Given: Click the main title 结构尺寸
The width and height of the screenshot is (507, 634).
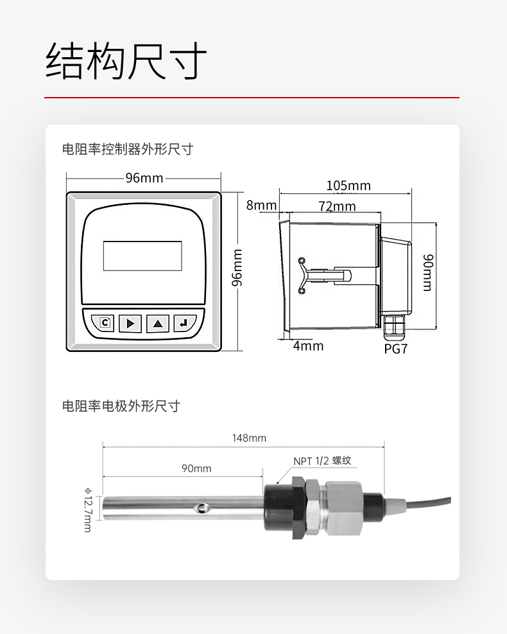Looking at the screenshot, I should [126, 62].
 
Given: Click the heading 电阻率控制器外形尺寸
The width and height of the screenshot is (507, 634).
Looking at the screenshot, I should [127, 150].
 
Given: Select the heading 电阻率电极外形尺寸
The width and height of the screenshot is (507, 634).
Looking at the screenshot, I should [121, 406].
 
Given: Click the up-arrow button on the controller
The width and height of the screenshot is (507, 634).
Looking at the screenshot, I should [157, 322].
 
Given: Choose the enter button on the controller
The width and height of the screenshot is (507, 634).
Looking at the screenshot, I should [184, 322].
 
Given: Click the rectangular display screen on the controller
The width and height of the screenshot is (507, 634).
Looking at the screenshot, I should [142, 256].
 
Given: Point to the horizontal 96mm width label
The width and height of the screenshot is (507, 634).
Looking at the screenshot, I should [144, 178].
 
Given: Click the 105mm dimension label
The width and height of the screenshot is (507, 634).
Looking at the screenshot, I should [348, 186].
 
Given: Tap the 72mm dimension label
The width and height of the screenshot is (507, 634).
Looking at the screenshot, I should [337, 206].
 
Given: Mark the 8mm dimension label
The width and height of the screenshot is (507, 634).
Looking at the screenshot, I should [261, 206].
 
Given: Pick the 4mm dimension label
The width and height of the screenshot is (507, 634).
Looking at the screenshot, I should [308, 346].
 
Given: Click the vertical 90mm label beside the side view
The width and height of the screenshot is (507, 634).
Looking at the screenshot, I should [427, 272].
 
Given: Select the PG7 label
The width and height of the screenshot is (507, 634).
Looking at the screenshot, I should [395, 349].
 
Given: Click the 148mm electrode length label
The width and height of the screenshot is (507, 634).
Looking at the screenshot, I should [249, 438].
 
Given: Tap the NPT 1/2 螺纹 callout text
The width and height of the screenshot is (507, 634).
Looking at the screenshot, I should [323, 461].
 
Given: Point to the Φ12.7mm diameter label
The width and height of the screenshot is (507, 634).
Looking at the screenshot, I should [87, 509].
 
